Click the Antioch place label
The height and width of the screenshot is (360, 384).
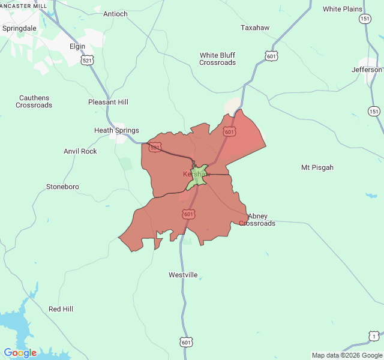coord(115,14)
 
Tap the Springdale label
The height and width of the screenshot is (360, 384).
coord(19,28)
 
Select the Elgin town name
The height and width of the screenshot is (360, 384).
coord(77,46)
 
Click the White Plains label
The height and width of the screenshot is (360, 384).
coord(343,9)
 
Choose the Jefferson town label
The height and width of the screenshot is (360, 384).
coord(367,70)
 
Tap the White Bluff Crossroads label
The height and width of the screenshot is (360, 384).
coord(217,59)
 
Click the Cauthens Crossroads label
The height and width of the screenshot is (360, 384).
coord(34,101)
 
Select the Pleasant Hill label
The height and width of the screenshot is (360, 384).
coord(108,102)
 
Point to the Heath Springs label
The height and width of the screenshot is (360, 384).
coord(116,130)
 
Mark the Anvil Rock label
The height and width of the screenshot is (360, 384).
coord(80,151)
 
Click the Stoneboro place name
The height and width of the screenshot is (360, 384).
coord(62,187)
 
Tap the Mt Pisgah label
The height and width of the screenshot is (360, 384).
coord(317,167)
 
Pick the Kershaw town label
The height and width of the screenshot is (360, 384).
coord(196,174)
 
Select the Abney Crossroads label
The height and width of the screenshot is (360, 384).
coord(257,220)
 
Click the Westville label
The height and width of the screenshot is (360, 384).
coord(183,275)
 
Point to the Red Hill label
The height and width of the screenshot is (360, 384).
coord(61,309)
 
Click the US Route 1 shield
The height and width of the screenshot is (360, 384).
coord(374,337)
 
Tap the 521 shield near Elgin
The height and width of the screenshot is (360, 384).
coord(88,61)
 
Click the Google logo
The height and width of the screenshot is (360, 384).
coord(20,353)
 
